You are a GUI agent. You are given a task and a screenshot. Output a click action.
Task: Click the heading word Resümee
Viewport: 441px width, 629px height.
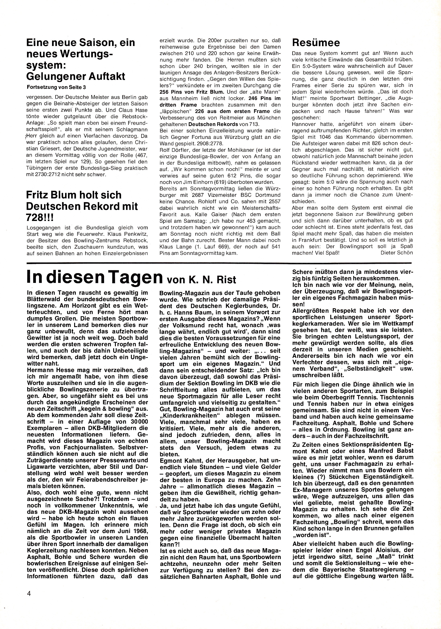tap(316, 43)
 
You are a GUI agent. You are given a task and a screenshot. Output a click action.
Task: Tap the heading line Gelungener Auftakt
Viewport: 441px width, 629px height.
tap(76, 76)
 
